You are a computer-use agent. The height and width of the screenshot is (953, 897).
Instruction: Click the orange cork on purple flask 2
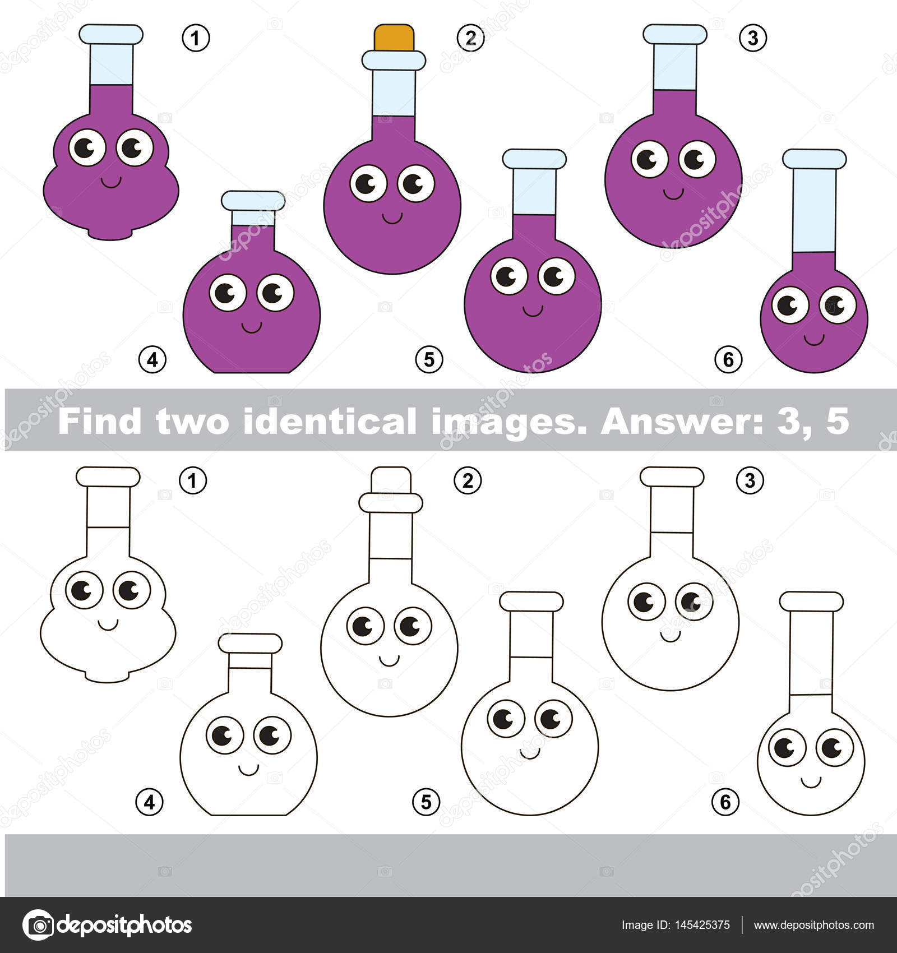(x=394, y=37)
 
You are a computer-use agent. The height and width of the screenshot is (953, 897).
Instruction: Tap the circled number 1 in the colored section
(x=196, y=38)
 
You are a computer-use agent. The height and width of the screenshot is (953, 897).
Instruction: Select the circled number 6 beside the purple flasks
(x=728, y=359)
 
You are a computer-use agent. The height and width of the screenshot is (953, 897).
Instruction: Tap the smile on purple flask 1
(x=111, y=182)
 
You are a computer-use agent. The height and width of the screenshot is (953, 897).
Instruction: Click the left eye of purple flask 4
(x=228, y=293)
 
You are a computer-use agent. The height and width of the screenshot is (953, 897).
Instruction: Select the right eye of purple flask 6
(x=838, y=305)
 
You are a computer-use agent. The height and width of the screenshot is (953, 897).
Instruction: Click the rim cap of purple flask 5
(x=534, y=159)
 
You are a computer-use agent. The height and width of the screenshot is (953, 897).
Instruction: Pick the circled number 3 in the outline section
(x=750, y=480)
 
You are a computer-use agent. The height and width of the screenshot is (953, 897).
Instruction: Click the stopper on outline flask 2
(x=391, y=480)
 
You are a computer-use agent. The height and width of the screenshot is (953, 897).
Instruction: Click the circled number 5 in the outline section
(x=426, y=802)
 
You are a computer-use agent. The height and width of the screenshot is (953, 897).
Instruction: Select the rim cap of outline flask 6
(x=811, y=601)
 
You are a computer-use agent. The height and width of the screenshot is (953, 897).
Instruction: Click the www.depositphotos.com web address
(x=813, y=926)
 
